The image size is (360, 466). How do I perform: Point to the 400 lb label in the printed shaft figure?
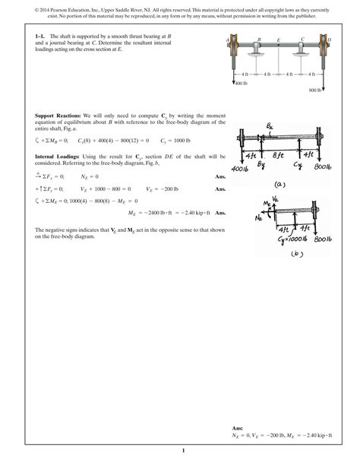[242, 82]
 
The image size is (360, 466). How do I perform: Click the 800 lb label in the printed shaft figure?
[317, 90]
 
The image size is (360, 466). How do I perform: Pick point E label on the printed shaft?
[279, 38]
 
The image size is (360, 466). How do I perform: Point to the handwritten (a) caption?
[279, 182]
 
